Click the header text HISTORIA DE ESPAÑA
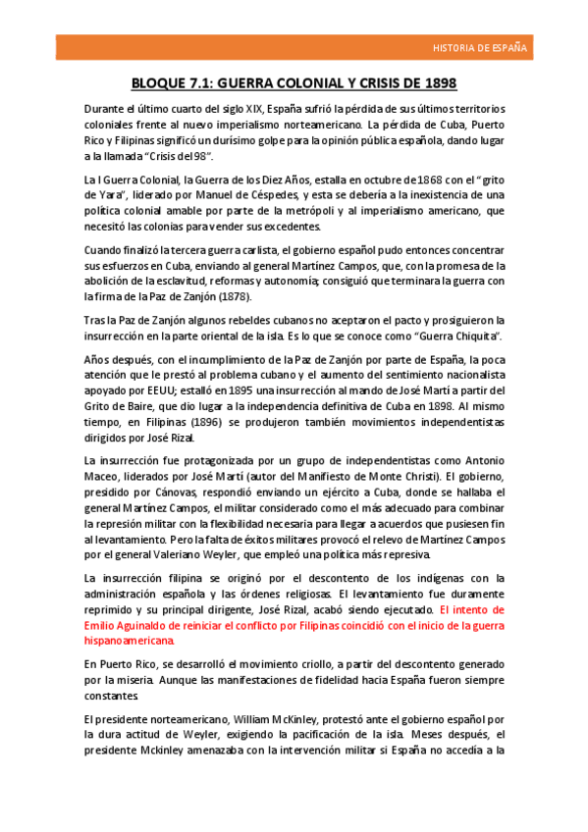pos(480,47)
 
